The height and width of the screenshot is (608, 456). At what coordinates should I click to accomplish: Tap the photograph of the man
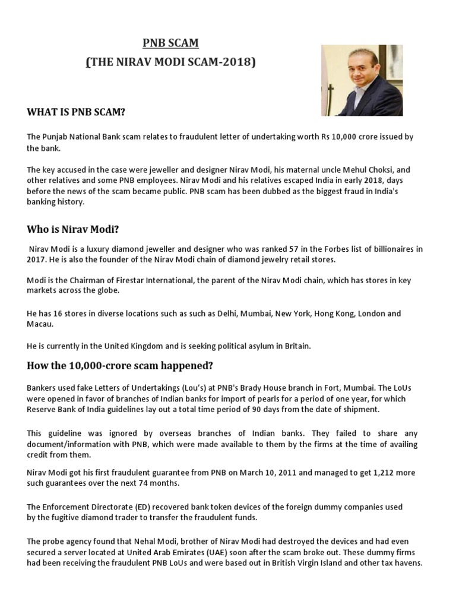click(362, 80)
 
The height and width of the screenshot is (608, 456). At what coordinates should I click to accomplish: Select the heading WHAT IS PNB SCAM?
click(76, 112)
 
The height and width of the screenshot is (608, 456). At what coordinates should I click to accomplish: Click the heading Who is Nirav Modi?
click(77, 230)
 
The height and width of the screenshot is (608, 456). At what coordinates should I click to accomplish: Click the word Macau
click(40, 324)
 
